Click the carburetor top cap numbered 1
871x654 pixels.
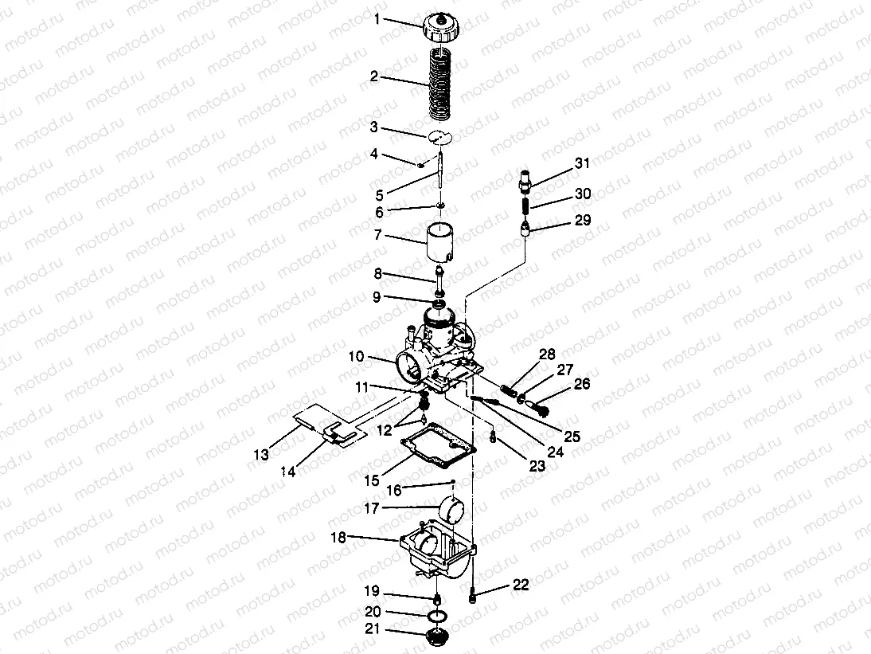[442, 27]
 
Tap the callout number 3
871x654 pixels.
[374, 127]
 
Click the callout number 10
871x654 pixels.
[356, 356]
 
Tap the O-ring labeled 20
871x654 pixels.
[439, 616]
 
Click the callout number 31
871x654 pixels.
[582, 163]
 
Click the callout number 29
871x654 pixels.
[583, 220]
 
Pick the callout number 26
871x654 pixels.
[581, 384]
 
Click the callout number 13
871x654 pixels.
[261, 455]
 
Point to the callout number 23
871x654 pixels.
[537, 466]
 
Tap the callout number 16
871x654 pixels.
[394, 490]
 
